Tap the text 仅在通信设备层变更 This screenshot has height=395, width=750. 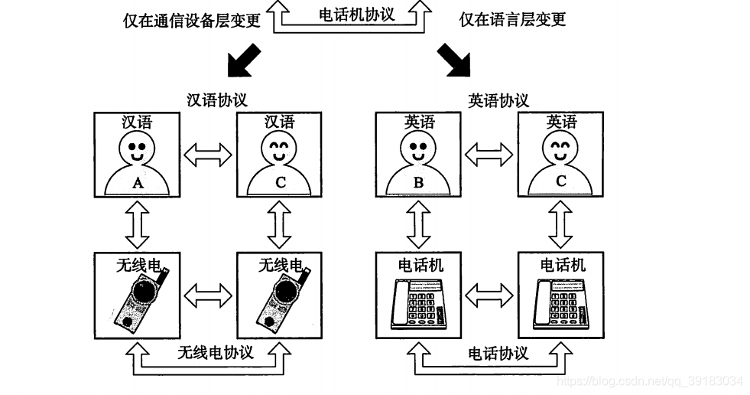pos(192,20)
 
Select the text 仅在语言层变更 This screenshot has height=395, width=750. pos(512,20)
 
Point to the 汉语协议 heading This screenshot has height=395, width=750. pos(217,100)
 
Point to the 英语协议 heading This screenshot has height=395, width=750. pos(498,100)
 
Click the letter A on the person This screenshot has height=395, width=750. pos(138,183)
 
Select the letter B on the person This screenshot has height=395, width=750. pos(418,183)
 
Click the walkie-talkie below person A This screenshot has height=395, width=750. pos(138,302)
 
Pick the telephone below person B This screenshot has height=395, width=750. pos(418,304)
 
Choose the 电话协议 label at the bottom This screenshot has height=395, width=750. pos(498,353)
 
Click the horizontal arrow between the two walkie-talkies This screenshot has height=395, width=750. pos(209,295)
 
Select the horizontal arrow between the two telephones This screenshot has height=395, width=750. pos(489,295)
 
